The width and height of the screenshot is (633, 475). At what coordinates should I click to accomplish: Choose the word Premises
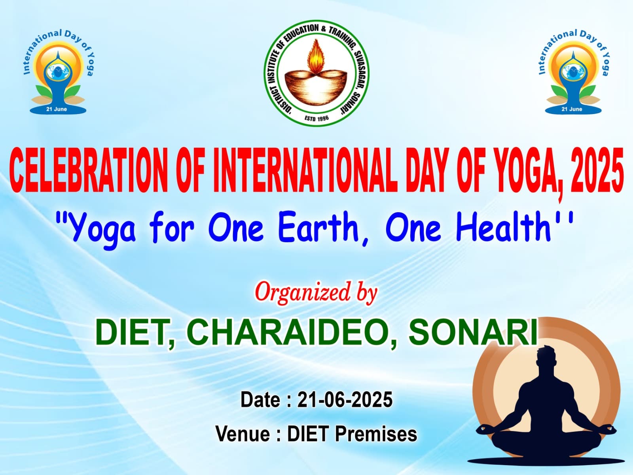coord(376,434)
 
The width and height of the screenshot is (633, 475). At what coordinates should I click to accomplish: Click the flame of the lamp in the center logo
coord(316,56)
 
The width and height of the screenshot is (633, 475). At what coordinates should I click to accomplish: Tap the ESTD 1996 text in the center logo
coord(316,118)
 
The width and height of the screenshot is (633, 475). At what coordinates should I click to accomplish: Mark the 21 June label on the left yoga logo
coord(57,109)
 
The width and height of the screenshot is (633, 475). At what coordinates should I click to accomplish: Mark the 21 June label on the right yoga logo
coord(572,109)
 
